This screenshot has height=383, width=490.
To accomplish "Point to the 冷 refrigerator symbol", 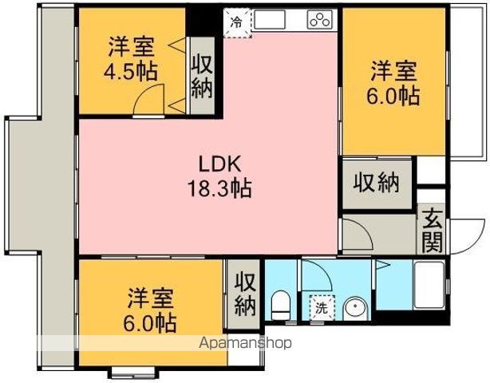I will pyautogui.click(x=236, y=23).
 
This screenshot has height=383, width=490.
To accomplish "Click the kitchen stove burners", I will pyautogui.click(x=318, y=22).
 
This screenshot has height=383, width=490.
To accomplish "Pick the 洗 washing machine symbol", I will pyautogui.click(x=319, y=306).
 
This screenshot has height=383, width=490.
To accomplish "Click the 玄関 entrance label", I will pyautogui.click(x=432, y=230).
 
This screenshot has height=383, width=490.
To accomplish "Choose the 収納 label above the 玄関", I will pyautogui.click(x=376, y=182).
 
